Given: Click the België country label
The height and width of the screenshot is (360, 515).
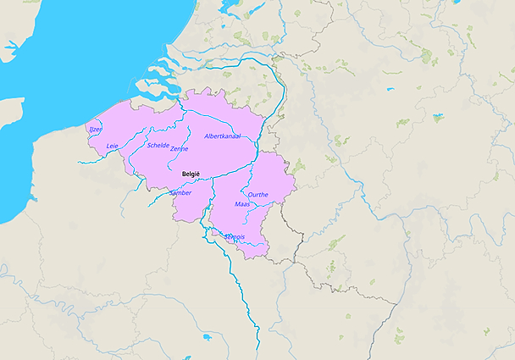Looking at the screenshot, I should click(191, 174).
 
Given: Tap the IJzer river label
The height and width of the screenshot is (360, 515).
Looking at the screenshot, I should click(95, 130).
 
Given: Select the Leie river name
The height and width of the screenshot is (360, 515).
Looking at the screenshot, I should click(112, 146).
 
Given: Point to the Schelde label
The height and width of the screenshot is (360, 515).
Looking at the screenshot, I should click(158, 145).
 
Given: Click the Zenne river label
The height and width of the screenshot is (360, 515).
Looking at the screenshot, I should click(179, 149).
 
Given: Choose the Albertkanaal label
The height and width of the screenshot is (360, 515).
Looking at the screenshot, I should click(223, 136).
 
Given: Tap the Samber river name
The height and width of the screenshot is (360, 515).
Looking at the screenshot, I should click(181, 192).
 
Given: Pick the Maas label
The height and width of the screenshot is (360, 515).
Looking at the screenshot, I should click(241, 204).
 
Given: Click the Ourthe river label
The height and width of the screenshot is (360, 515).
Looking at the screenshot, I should click(258, 194).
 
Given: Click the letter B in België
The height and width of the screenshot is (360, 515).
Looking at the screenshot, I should click(184, 174).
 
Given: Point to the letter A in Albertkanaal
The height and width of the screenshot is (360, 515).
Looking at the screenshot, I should click(207, 136).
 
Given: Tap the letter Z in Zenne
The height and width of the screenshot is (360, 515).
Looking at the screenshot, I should click(172, 149).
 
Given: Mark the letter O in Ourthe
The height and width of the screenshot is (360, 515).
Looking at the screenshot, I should click(250, 194).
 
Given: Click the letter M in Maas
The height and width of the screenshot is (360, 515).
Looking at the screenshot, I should click(236, 204).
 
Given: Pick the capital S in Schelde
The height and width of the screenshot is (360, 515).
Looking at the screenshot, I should click(149, 145).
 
